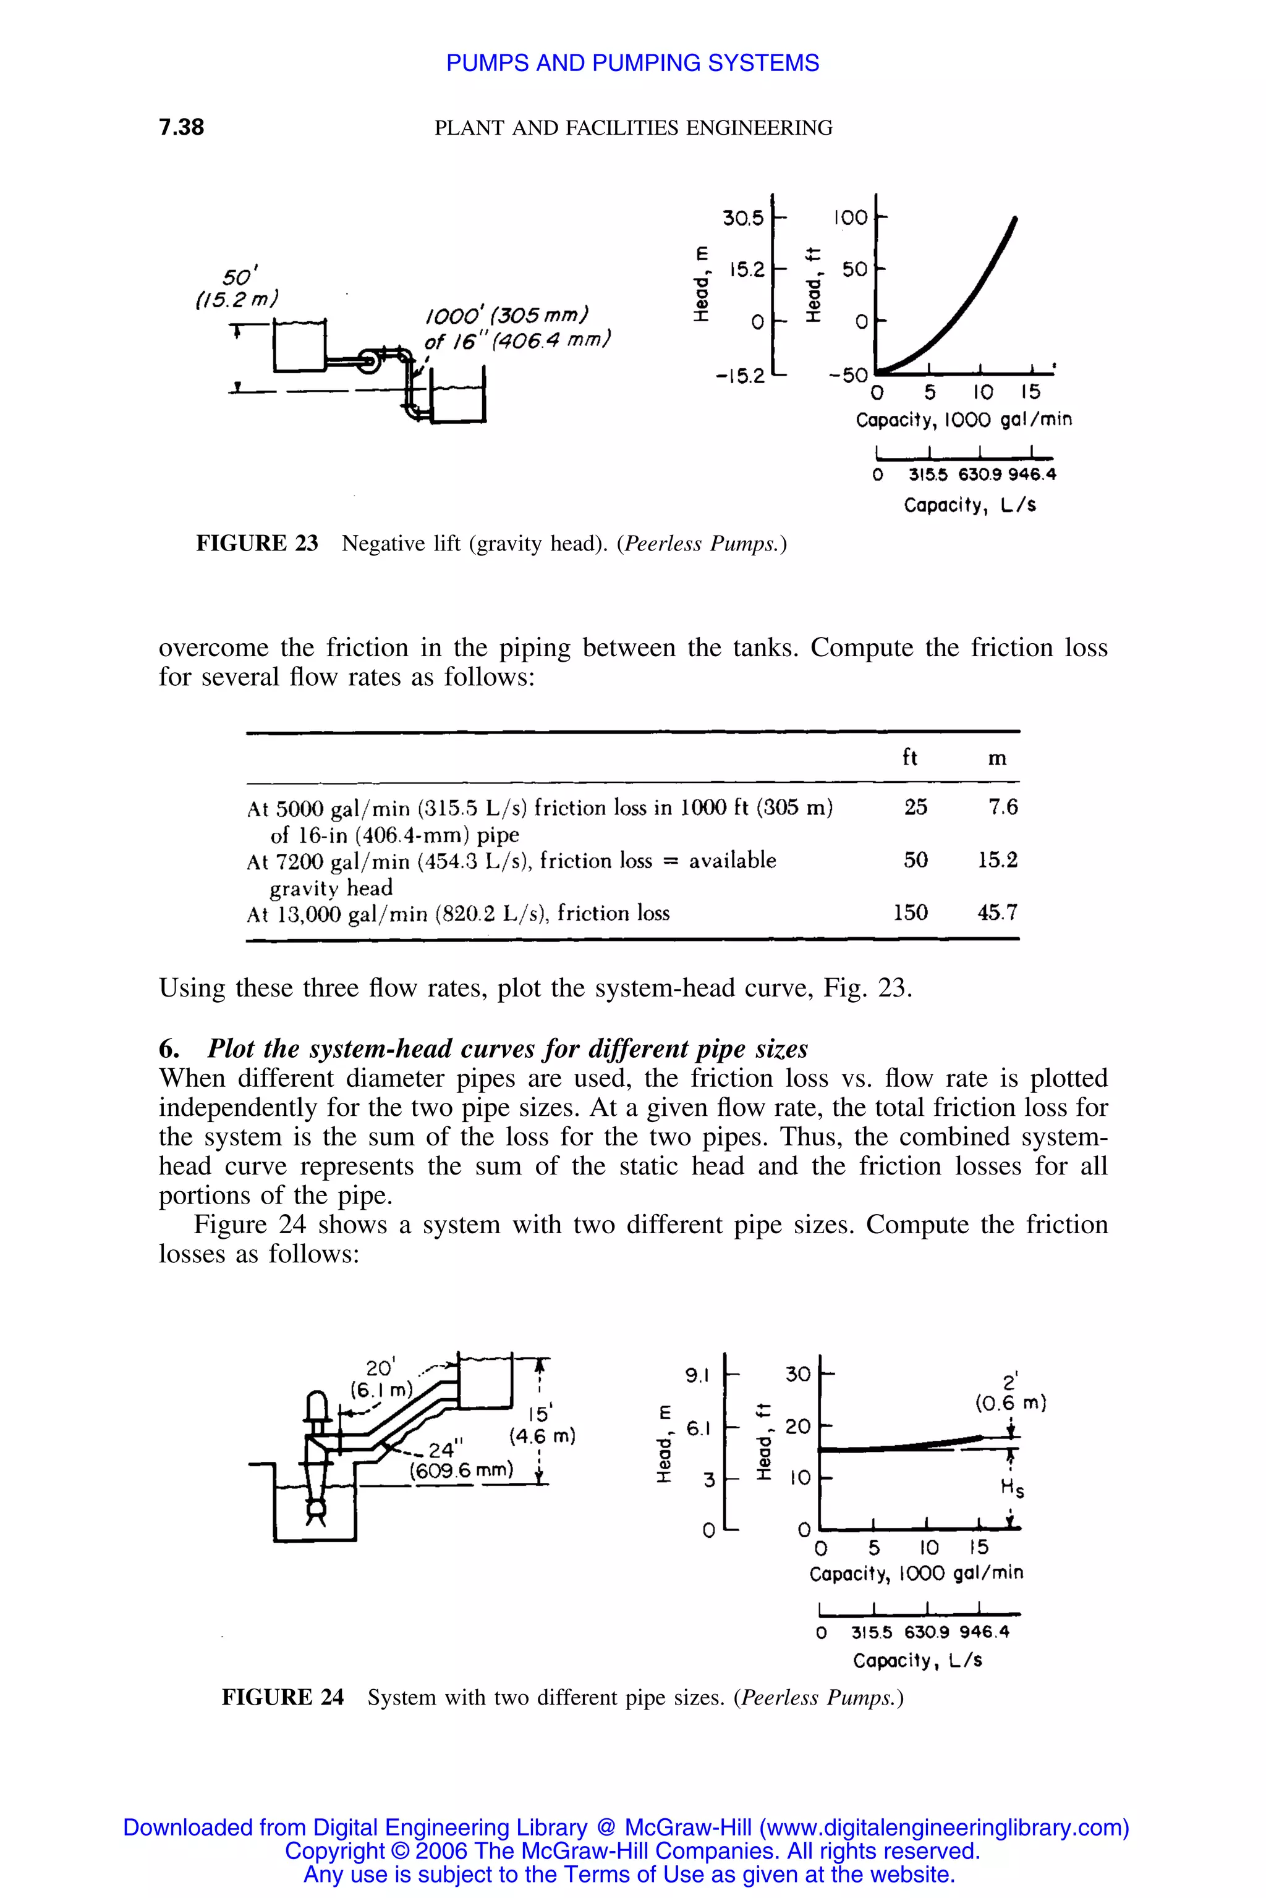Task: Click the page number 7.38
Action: [x=182, y=127]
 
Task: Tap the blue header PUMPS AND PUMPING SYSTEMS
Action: [x=632, y=63]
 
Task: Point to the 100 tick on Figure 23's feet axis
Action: [x=851, y=218]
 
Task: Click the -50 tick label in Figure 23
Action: [x=847, y=375]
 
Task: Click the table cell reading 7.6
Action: [x=1004, y=807]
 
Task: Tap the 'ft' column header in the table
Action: [x=910, y=757]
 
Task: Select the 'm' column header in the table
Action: [x=998, y=759]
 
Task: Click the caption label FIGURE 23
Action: [x=257, y=543]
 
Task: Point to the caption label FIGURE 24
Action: [x=283, y=1697]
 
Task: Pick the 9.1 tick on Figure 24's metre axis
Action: [x=697, y=1374]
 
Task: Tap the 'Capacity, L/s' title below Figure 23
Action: [x=970, y=505]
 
